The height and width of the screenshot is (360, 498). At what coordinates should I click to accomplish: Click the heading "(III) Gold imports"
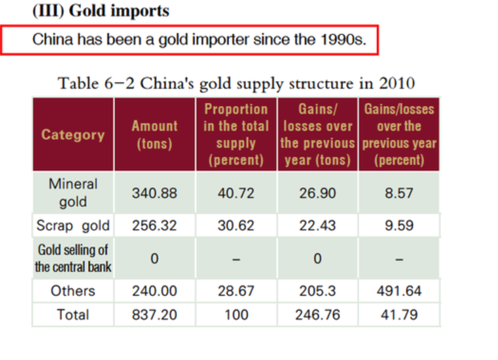tap(101, 11)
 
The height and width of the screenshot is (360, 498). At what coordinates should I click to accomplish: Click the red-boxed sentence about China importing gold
tap(199, 40)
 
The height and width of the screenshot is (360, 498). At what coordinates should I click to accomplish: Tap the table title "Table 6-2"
tap(236, 83)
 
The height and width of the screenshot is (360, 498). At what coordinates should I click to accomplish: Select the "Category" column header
tap(73, 134)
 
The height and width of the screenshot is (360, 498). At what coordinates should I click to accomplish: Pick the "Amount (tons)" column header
tap(154, 134)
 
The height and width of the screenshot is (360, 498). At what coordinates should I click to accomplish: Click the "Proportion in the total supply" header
tap(236, 134)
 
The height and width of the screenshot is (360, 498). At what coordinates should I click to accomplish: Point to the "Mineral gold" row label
tap(73, 193)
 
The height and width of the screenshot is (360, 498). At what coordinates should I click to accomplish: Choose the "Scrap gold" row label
tap(73, 225)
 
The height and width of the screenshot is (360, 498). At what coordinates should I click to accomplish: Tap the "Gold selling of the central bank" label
tap(73, 258)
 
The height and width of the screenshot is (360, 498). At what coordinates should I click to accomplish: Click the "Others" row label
tap(73, 291)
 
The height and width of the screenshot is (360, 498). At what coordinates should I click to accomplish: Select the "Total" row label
tap(73, 314)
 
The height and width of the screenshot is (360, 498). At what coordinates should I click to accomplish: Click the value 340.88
tap(154, 193)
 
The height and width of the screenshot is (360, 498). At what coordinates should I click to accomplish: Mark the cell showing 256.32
tap(154, 225)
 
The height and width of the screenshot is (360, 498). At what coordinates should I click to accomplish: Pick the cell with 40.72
tap(236, 193)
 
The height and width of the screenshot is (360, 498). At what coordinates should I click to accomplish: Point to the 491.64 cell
tap(399, 291)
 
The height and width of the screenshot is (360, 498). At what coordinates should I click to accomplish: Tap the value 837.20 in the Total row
tap(154, 314)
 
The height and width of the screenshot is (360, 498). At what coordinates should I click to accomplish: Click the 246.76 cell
tap(317, 314)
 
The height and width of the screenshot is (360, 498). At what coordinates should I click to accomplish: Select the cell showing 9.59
tap(399, 225)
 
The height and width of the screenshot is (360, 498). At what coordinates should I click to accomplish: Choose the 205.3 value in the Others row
tap(317, 291)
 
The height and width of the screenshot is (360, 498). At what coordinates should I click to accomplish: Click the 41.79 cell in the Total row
tap(399, 314)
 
